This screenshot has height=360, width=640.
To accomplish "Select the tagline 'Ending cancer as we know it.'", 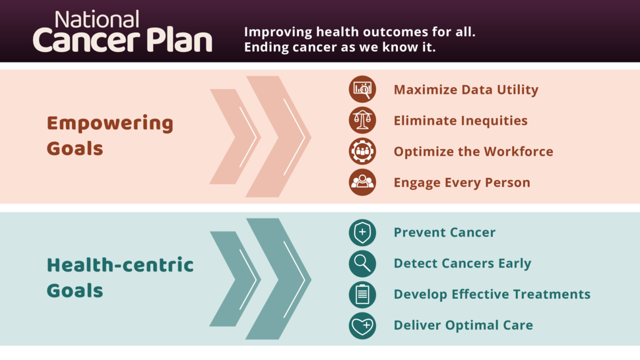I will click(340, 47).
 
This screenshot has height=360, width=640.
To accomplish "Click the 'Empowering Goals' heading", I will click(110, 136).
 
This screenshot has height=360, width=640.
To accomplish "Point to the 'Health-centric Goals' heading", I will click(120, 278).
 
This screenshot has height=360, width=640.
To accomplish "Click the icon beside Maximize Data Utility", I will click(362, 89).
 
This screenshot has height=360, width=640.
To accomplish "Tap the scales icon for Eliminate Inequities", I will click(362, 120).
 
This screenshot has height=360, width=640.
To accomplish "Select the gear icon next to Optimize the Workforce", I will click(362, 151).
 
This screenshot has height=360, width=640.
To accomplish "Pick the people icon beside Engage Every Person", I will click(362, 182).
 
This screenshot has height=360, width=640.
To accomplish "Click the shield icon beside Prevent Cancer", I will click(362, 232).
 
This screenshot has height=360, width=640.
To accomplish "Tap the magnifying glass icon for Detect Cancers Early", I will click(362, 263).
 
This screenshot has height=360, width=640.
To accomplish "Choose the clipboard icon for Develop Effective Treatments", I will click(362, 294).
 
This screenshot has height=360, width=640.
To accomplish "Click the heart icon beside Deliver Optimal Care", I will click(362, 325).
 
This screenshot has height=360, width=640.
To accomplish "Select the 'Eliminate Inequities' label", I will click(461, 121).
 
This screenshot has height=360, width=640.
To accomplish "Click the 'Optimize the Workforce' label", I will click(473, 152).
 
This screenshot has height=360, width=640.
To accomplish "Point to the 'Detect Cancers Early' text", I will click(462, 264).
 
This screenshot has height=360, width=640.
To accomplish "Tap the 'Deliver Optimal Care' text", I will click(463, 325).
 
